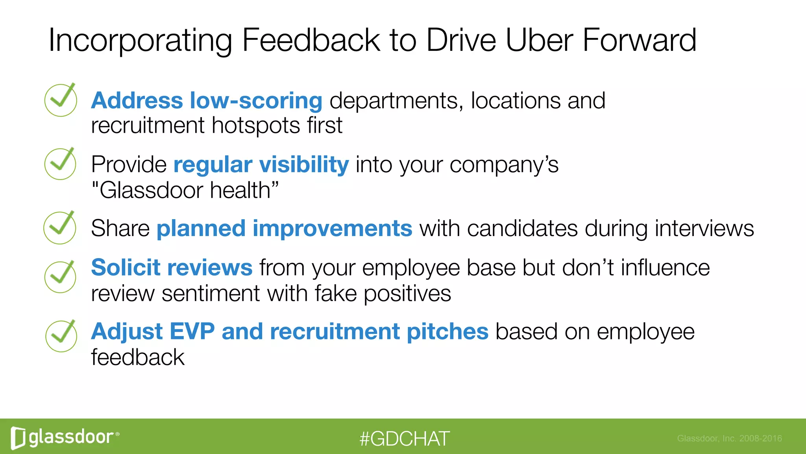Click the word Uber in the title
coord(539,40)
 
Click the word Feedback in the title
coord(311,40)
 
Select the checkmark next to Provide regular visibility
coord(60,164)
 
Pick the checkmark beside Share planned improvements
coord(60,228)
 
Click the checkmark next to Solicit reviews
coord(60,277)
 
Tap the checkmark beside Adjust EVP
coord(61,336)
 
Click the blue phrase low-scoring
coord(256,100)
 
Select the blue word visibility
coord(304,164)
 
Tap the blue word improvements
coord(332,229)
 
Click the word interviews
coord(704,229)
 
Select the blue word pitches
coord(447,331)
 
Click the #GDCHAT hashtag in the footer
coord(404,439)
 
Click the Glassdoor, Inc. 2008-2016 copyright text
coord(729,438)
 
